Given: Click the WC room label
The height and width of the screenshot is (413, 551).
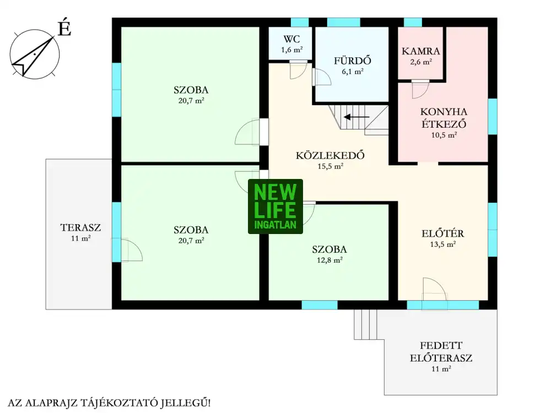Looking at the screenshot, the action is (x=291, y=39).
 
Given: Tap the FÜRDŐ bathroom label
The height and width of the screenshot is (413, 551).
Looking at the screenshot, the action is (x=353, y=61).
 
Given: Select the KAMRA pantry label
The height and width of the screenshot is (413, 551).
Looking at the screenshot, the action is (x=420, y=51).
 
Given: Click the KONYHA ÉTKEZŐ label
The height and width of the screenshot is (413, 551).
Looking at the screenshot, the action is (x=444, y=118).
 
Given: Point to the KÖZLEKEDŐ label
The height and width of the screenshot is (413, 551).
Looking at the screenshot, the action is (x=330, y=155).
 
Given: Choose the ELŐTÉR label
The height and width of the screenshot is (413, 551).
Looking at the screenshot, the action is (x=443, y=233).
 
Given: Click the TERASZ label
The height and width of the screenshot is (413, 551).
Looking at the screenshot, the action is (x=80, y=227).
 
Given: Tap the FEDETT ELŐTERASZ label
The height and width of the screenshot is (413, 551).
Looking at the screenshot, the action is (x=441, y=352).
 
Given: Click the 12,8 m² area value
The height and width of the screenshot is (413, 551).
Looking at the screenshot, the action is (x=329, y=260).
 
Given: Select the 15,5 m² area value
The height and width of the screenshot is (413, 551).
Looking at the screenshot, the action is (x=330, y=166).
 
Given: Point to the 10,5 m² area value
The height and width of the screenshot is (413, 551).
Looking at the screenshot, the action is (x=444, y=135).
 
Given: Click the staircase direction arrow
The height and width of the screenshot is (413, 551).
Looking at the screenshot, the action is (x=356, y=117).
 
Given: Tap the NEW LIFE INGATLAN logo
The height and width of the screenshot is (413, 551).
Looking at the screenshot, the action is (x=275, y=206).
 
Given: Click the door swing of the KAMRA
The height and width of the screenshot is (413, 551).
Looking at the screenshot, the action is (x=420, y=90).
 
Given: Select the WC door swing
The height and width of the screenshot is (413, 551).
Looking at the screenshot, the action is (x=298, y=70).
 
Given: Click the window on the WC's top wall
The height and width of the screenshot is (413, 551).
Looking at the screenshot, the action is (x=300, y=22).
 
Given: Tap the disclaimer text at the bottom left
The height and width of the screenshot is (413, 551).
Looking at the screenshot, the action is (x=109, y=403).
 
